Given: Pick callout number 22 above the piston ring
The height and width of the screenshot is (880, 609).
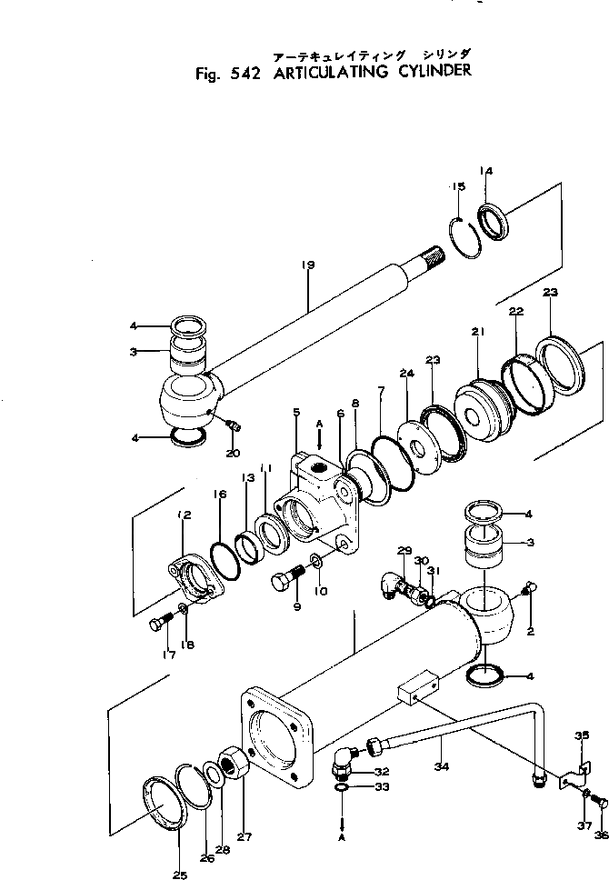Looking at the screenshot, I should click(516, 312).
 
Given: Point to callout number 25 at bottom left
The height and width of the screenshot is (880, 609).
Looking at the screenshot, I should click(180, 875).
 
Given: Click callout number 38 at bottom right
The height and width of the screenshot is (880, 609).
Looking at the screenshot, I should click(600, 835).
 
